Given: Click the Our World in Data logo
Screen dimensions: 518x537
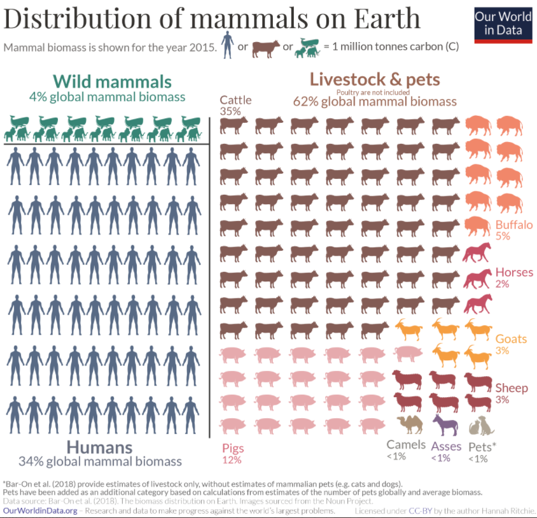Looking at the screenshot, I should tap(503, 24).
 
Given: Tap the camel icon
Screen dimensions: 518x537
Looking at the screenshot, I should tap(409, 424).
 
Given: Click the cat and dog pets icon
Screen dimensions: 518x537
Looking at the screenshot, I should tap(481, 425).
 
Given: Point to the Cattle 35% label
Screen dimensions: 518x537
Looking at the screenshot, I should tap(235, 105).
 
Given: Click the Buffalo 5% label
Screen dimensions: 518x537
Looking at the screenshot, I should tap(514, 230).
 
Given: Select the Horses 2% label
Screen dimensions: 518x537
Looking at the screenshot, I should tap(514, 278).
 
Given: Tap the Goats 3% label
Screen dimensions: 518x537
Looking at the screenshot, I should tap(512, 344).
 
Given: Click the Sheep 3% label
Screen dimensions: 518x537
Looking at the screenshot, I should tap(512, 393).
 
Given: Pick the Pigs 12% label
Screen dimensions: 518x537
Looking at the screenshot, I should tap(233, 454).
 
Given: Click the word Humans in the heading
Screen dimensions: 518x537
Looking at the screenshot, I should tap(99, 447).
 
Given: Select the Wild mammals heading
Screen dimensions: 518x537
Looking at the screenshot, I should tap(112, 81).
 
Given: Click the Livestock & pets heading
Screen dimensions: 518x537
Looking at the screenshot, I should tap(375, 80).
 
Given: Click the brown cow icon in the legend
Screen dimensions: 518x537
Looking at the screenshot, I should tap(266, 48).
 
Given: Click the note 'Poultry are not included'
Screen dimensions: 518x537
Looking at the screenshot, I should tap(374, 92).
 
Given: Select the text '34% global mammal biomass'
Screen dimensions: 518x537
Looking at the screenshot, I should tap(101, 461).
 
